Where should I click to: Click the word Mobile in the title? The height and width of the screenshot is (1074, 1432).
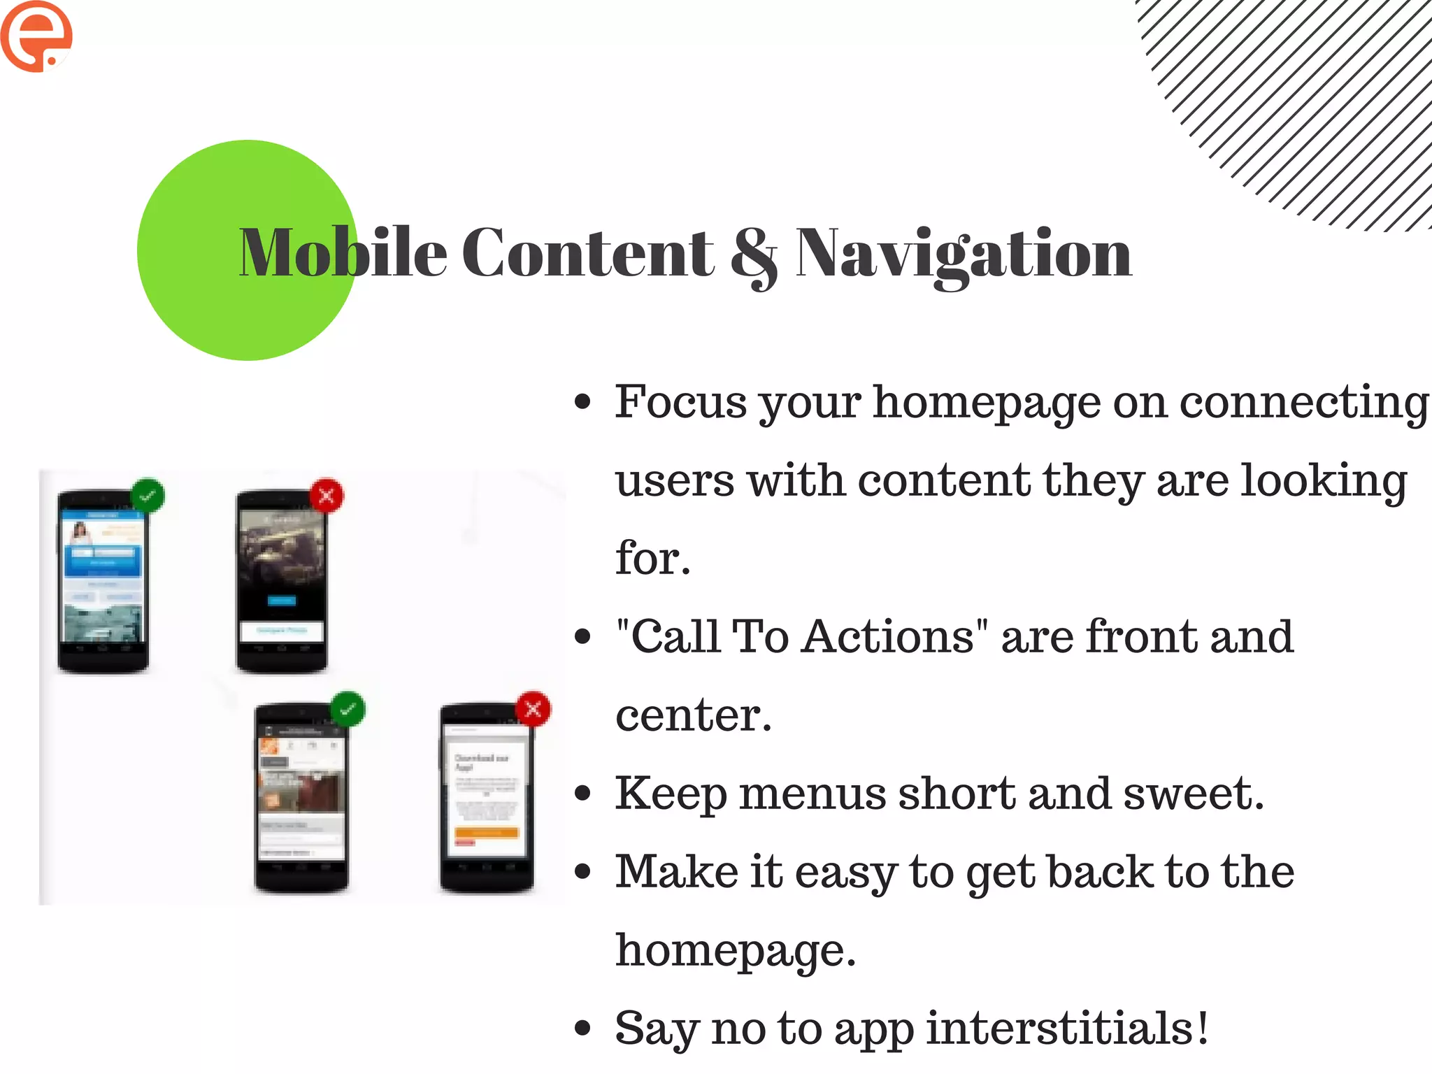coord(343,253)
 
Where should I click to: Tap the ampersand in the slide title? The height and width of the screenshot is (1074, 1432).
coord(753,255)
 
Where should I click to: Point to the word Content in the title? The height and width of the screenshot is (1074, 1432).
coord(587,253)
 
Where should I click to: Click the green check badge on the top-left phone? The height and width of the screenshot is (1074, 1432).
coord(148,496)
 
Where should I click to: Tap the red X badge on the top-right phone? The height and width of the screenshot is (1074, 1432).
coord(327,496)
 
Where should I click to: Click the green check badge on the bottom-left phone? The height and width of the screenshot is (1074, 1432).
coord(348,709)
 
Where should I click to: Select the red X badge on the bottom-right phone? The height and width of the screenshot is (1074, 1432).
coord(534,709)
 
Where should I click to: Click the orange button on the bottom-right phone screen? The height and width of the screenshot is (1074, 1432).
coord(487,832)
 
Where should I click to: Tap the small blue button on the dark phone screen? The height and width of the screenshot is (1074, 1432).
coord(282,600)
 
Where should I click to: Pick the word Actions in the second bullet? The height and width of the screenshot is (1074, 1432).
coord(888,637)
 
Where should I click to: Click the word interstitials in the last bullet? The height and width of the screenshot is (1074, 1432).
coord(1067,1029)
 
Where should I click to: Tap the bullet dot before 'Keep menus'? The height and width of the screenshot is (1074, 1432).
coord(582,794)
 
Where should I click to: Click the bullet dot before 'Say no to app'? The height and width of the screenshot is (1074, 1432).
coord(582,1029)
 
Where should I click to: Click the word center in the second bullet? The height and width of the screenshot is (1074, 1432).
coord(693,715)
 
